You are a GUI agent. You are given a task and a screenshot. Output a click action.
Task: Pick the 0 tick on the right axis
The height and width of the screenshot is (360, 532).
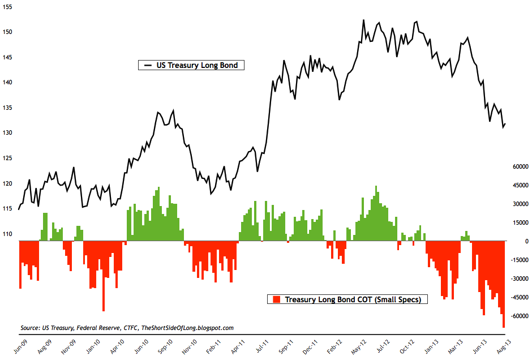click(526, 242)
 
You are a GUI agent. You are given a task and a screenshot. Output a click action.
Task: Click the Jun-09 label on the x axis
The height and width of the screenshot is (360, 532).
click(20, 346)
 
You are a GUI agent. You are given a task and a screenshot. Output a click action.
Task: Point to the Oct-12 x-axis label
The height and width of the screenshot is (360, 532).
click(407, 346)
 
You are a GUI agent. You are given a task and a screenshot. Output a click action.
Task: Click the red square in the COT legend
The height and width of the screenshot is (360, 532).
click(276, 299)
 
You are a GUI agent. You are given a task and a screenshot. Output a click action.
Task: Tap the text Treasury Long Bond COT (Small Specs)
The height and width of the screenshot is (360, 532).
click(353, 299)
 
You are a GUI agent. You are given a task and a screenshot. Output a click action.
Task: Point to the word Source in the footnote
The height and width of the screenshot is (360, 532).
click(30, 328)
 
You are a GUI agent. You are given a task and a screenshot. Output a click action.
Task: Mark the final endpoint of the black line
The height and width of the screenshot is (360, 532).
click(505, 124)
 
